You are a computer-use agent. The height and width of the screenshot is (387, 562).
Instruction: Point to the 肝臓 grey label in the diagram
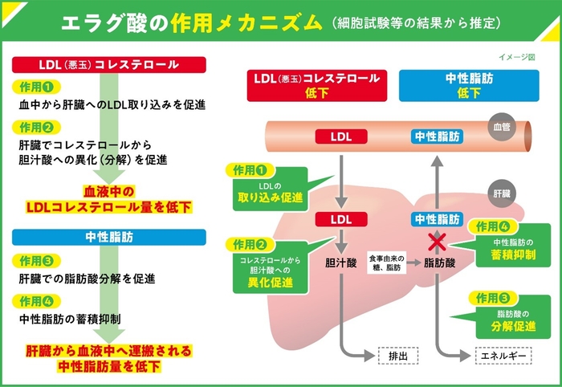tap(501, 194)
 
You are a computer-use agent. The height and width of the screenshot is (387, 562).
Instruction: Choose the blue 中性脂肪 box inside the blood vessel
tap(437, 136)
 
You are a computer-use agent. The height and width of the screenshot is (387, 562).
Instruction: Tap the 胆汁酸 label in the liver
tap(340, 262)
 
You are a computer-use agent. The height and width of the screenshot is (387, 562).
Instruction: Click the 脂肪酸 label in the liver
tap(437, 262)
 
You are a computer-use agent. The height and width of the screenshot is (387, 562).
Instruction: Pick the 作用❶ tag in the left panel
tap(35, 87)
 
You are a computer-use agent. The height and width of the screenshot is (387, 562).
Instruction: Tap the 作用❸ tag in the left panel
tap(35, 261)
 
